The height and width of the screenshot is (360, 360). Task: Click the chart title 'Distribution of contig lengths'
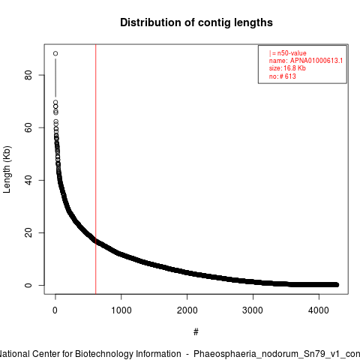196,22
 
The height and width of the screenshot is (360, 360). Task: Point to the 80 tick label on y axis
28,75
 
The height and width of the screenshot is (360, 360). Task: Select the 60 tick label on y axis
28,127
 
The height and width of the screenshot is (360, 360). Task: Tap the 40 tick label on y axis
28,180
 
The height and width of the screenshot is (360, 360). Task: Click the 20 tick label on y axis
28,232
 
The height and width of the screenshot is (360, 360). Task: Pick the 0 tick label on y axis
28,285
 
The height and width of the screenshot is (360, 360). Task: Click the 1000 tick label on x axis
121,310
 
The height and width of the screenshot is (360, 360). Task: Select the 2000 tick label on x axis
187,310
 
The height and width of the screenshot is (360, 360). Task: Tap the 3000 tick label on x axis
253,310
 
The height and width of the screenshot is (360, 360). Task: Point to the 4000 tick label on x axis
319,310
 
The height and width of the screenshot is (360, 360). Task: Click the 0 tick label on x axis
55,310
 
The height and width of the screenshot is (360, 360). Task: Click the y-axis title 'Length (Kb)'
7,169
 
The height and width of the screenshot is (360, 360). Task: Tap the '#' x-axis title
196,332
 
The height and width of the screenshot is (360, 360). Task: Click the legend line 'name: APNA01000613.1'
306,61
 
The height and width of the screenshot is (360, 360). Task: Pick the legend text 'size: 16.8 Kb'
287,68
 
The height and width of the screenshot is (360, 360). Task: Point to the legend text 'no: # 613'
282,76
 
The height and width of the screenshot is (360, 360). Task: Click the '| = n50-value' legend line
287,53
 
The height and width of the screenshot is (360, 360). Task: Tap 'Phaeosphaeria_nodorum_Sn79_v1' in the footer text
265,354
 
